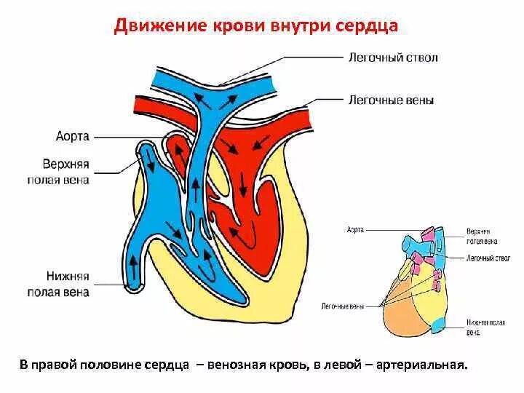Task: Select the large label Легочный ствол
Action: (x=392, y=57)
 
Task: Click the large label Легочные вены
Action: (x=392, y=100)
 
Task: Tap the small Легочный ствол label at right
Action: (x=488, y=258)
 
